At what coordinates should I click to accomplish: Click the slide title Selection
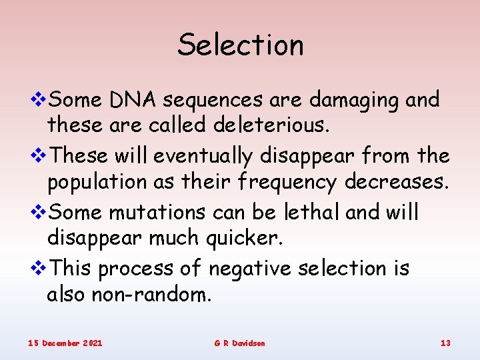(240, 45)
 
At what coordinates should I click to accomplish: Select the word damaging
(355, 101)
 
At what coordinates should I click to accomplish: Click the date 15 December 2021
(65, 343)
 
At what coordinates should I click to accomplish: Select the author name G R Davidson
(239, 343)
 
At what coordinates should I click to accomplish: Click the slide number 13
(445, 343)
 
